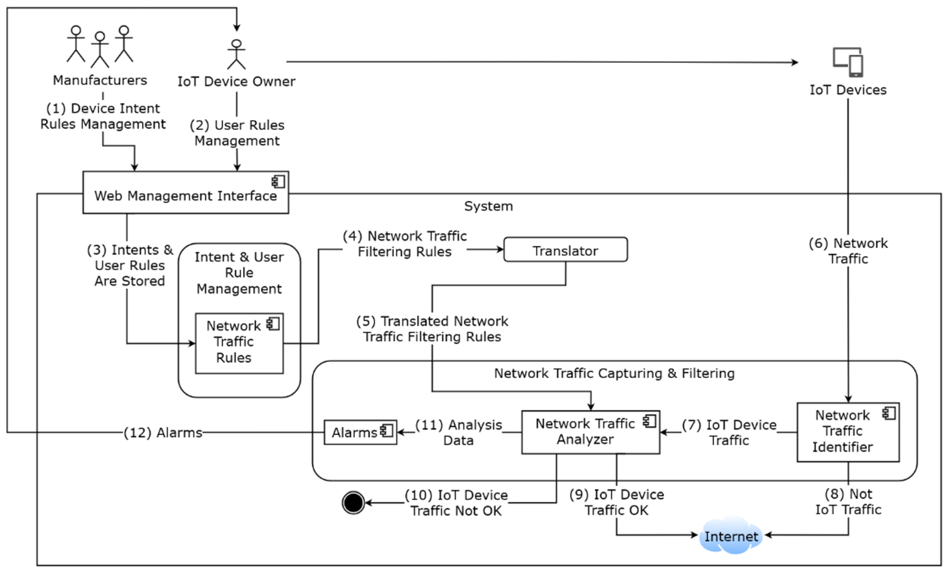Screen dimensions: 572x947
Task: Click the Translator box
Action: click(565, 250)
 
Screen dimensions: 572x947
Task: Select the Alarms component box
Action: click(360, 432)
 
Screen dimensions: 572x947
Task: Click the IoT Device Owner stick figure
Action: click(236, 54)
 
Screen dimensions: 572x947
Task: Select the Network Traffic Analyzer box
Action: click(590, 432)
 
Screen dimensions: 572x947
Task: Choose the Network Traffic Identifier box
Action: click(848, 432)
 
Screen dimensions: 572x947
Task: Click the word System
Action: click(488, 206)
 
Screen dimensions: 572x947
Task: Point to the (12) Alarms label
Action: click(163, 433)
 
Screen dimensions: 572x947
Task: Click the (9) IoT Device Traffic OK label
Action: click(616, 502)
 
